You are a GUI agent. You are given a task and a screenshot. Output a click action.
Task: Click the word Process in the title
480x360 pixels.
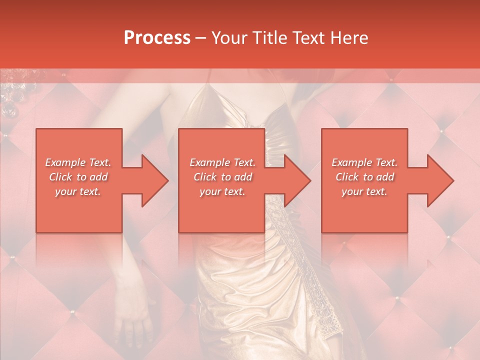coord(157,37)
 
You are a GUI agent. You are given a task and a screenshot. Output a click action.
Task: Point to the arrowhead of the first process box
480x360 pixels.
coord(152,180)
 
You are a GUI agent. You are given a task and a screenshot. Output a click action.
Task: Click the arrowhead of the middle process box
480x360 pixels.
coord(295,180)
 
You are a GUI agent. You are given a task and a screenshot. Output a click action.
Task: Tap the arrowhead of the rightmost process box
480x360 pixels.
coord(438,180)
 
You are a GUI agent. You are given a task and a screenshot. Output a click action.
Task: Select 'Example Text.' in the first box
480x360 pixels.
coord(78,162)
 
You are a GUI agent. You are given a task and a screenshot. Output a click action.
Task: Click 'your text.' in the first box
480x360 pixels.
coord(78,191)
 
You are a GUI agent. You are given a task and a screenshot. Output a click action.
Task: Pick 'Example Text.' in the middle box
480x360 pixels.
coord(222,162)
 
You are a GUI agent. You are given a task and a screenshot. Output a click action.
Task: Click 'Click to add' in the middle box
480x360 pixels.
coord(222,177)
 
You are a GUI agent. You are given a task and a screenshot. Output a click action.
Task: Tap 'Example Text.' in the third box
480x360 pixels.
coord(364,162)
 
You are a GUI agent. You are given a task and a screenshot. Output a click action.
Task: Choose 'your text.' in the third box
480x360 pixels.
coord(364,191)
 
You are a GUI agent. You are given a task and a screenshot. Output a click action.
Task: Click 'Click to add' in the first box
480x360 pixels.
coord(78,177)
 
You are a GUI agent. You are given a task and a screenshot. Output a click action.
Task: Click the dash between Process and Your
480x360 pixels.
coord(201,38)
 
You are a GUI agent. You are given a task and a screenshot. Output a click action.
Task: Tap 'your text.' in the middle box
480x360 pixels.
coord(222,191)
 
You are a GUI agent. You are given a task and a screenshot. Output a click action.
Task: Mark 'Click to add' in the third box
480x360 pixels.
coord(364,177)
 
